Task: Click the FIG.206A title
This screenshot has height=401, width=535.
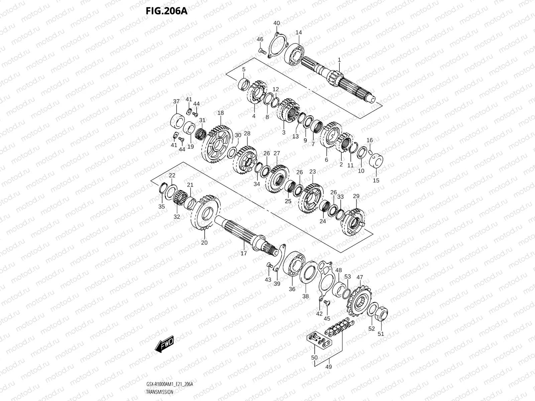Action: [x=167, y=11]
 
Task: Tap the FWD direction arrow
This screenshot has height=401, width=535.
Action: [x=165, y=343]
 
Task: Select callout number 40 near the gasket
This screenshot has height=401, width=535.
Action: [x=277, y=23]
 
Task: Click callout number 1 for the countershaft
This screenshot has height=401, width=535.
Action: [x=339, y=59]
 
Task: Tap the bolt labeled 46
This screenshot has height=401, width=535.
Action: [x=262, y=51]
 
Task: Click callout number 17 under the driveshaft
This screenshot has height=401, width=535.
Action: [x=244, y=253]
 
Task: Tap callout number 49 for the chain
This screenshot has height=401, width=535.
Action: [x=329, y=367]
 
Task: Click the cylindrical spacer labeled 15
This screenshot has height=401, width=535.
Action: [x=377, y=163]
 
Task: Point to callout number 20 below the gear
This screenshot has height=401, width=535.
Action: [x=204, y=243]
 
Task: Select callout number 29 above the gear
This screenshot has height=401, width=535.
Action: [x=356, y=196]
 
